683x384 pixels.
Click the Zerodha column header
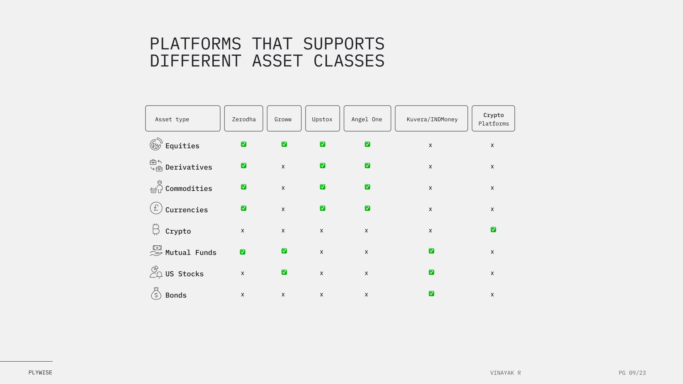click(x=244, y=118)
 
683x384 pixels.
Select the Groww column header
click(x=284, y=118)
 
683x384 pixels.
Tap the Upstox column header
click(x=323, y=118)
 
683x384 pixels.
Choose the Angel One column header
click(x=367, y=118)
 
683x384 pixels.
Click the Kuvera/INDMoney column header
click(x=431, y=118)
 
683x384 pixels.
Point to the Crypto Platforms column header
click(x=493, y=118)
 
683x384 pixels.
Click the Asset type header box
click(x=183, y=118)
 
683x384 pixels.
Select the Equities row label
click(x=182, y=146)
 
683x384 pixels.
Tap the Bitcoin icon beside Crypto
click(x=156, y=229)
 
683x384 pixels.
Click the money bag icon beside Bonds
click(x=156, y=294)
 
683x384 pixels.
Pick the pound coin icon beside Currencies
click(x=156, y=208)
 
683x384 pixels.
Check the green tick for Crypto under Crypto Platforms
click(x=493, y=230)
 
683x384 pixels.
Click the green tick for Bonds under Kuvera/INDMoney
click(x=431, y=294)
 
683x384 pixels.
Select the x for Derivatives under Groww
click(x=283, y=166)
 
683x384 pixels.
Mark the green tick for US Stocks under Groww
click(x=284, y=272)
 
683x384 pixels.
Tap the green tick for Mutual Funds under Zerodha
click(x=243, y=252)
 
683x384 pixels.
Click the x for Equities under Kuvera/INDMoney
click(x=430, y=145)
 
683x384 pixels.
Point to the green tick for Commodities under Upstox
click(x=323, y=187)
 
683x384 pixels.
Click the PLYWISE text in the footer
click(x=40, y=373)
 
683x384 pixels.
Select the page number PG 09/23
click(x=632, y=373)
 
